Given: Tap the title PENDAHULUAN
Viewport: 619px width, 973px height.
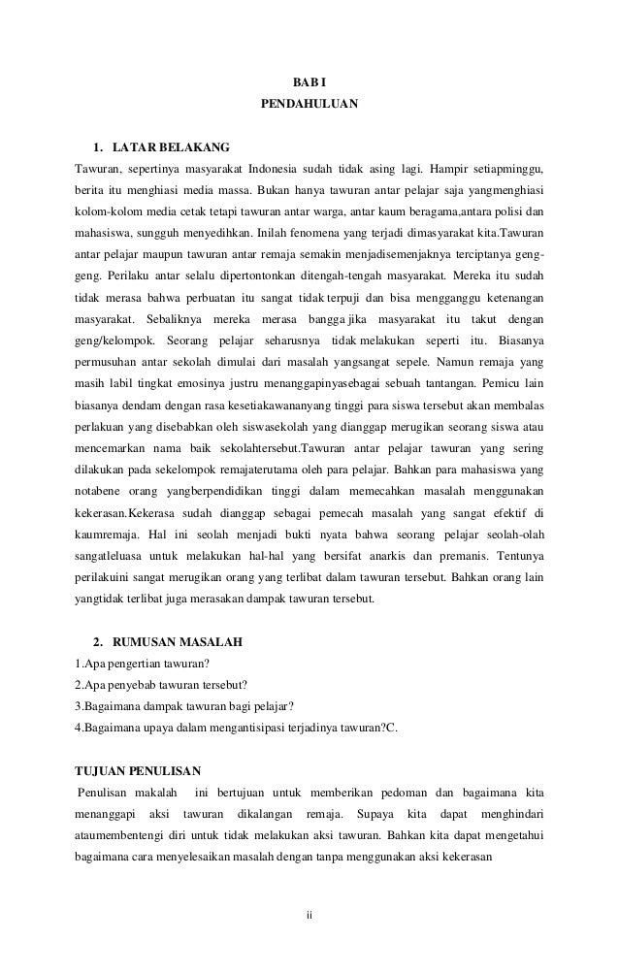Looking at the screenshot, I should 309,102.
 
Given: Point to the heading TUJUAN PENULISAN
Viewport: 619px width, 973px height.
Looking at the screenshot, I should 138,771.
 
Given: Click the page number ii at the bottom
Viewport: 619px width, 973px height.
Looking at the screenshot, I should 309,913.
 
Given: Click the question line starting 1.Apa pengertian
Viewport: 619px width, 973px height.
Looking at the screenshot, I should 128,665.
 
